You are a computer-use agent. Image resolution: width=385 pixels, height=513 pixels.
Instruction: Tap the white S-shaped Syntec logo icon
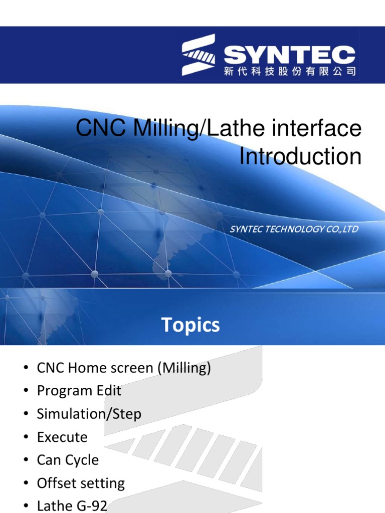pyautogui.click(x=199, y=55)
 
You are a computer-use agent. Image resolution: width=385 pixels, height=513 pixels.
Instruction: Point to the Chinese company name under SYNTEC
pyautogui.click(x=290, y=72)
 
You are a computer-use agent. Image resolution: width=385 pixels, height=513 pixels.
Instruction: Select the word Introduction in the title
pyautogui.click(x=300, y=156)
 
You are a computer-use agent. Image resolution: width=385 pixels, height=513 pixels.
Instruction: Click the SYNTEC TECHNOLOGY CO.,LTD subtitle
pyautogui.click(x=294, y=229)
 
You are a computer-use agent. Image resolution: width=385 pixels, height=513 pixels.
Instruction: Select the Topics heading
pyautogui.click(x=190, y=325)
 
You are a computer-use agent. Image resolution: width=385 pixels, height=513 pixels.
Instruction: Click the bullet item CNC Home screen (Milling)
pyautogui.click(x=124, y=368)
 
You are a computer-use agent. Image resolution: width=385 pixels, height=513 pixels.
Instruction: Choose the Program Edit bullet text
pyautogui.click(x=79, y=391)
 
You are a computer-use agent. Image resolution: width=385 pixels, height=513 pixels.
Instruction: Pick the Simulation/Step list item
pyautogui.click(x=89, y=414)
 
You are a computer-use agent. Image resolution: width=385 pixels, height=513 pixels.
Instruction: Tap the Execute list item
pyautogui.click(x=62, y=437)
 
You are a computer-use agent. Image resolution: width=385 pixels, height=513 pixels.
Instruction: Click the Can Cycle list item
pyautogui.click(x=68, y=460)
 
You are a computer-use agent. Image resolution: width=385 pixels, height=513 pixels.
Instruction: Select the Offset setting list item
pyautogui.click(x=81, y=483)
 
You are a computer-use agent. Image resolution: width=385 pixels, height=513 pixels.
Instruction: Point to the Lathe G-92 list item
pyautogui.click(x=72, y=506)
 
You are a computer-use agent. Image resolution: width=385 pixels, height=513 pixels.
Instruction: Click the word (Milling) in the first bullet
pyautogui.click(x=183, y=368)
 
